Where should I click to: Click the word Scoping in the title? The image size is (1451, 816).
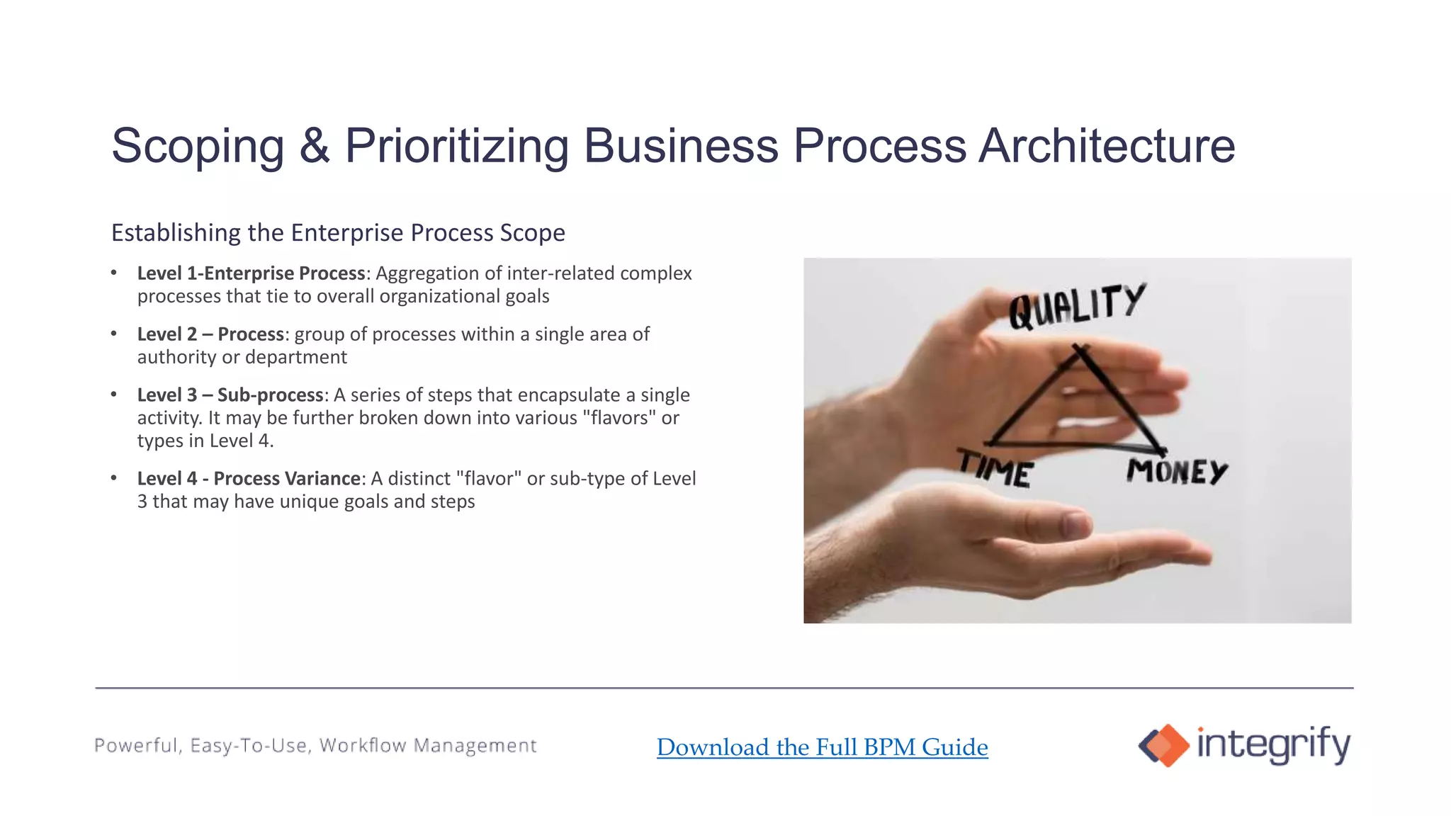point(198,147)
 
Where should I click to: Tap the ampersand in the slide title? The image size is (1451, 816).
point(314,146)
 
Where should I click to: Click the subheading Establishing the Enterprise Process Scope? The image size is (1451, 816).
point(338,232)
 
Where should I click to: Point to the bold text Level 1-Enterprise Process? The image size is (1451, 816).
point(252,273)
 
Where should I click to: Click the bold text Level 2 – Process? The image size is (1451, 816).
point(210,334)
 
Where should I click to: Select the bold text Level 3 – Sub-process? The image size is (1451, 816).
point(230,395)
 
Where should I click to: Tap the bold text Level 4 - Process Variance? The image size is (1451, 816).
point(249,479)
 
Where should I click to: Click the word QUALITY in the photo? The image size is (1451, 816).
point(1076,307)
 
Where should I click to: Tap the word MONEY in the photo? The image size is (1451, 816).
point(1177,472)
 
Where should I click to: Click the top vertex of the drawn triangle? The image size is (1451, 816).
point(1079,348)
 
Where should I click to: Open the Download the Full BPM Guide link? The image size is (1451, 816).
point(822,747)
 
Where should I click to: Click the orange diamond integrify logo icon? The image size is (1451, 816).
point(1163,745)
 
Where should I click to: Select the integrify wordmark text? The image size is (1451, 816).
point(1273,744)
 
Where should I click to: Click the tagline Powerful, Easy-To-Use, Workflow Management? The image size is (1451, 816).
point(315,745)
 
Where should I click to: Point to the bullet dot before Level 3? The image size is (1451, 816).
point(114,395)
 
